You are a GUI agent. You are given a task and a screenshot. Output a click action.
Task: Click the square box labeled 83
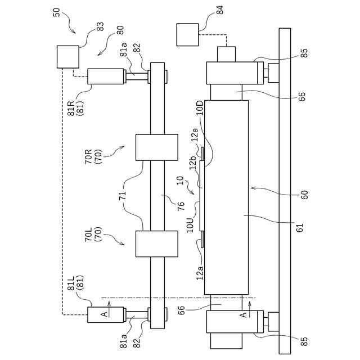pos(67,57)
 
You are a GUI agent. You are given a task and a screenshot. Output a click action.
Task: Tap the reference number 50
pos(57,12)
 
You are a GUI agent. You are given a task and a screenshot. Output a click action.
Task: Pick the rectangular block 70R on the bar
pos(149,148)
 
